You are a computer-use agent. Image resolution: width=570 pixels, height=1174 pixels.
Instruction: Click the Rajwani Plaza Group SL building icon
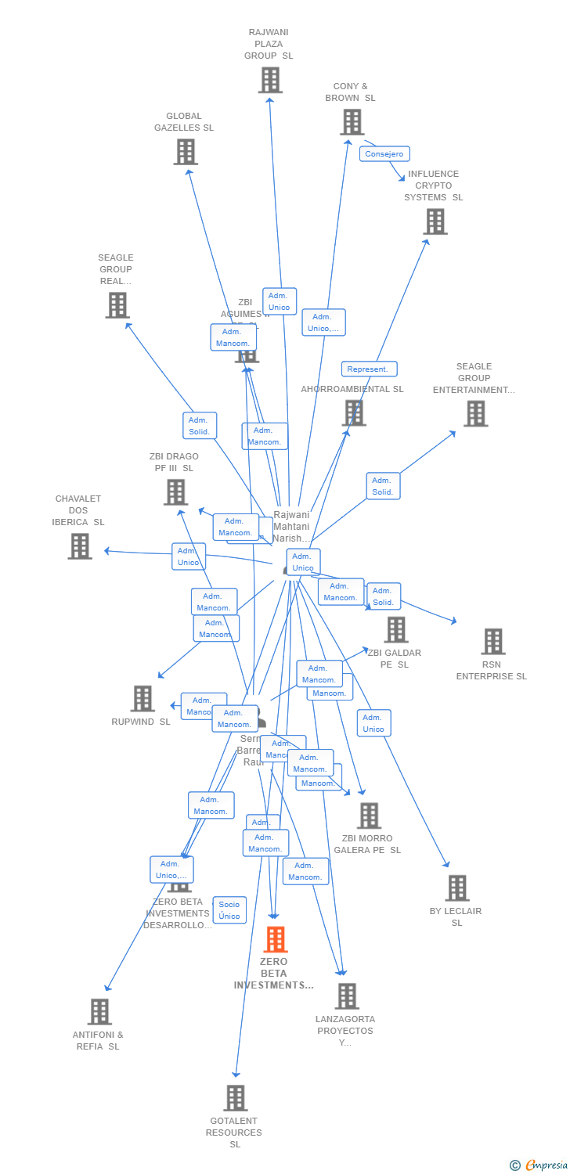click(x=270, y=80)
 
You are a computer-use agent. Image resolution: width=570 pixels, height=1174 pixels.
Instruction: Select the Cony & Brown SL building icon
click(x=352, y=122)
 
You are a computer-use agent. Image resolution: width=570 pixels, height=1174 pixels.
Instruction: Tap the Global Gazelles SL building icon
click(x=186, y=152)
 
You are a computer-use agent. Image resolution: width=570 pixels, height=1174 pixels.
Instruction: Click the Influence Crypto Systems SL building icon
click(x=435, y=221)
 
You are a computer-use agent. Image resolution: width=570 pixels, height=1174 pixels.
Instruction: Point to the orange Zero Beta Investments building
click(x=276, y=939)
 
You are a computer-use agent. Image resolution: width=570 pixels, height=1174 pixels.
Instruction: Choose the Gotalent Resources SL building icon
click(x=236, y=1098)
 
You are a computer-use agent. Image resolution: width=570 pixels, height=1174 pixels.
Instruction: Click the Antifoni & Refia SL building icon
click(x=99, y=1012)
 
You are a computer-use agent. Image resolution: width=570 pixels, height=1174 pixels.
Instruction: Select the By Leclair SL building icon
click(x=457, y=888)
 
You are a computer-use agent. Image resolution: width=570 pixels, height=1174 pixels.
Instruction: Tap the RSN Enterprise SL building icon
click(x=492, y=642)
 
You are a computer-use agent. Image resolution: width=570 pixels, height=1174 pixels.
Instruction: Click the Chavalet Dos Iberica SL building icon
click(x=80, y=546)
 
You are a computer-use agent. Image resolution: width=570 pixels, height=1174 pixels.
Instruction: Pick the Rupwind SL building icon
click(x=142, y=699)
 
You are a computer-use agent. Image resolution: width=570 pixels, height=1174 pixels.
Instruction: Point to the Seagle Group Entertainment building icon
click(x=475, y=414)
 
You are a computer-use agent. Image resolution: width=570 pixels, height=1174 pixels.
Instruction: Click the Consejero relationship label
click(x=384, y=154)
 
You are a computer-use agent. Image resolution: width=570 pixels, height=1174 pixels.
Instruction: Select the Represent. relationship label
click(x=369, y=369)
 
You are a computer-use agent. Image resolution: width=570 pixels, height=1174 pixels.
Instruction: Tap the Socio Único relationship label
click(x=229, y=910)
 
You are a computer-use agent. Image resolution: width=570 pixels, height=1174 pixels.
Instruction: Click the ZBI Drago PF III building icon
click(x=175, y=492)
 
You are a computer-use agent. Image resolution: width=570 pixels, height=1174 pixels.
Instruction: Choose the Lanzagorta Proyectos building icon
click(x=347, y=996)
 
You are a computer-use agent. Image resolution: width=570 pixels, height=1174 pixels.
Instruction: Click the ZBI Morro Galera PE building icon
click(x=369, y=816)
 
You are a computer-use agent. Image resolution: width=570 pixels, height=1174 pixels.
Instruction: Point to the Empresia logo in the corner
click(x=540, y=1165)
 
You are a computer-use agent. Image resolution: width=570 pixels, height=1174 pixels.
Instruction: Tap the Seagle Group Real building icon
click(x=117, y=305)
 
